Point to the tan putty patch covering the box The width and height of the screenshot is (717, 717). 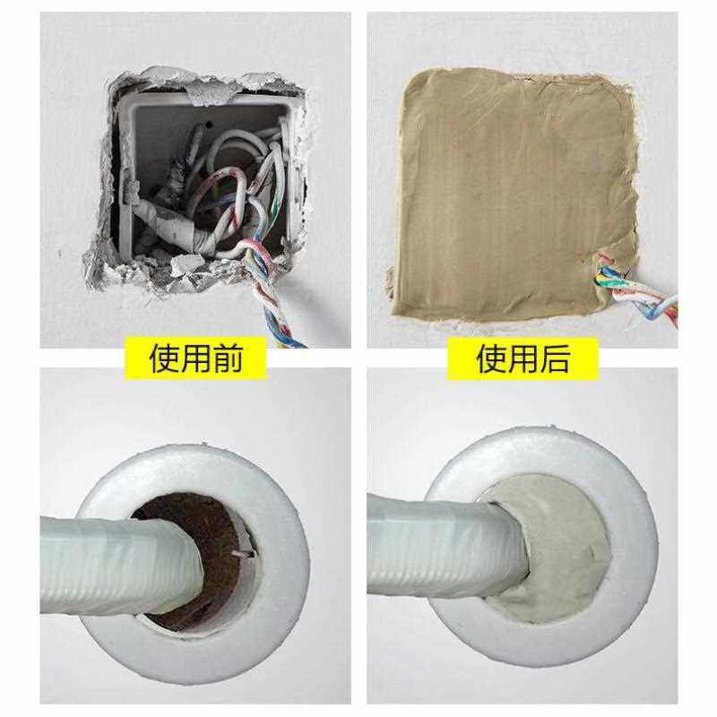(x=502, y=188)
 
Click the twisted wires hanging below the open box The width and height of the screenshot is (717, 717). (x=278, y=305)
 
